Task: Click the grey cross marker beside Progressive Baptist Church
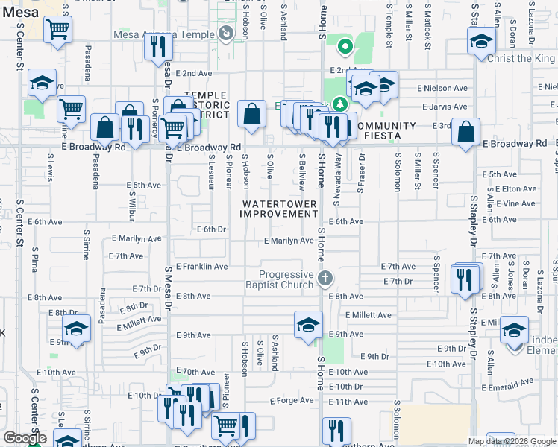point(324,279)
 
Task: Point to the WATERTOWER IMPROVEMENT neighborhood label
point(278,209)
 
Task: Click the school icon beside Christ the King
point(482,42)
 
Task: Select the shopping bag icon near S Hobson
point(252,115)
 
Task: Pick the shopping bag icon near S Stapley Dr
point(466,132)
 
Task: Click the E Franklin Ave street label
point(201,266)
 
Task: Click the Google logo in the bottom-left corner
point(24,438)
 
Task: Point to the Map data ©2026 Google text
point(511,441)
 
